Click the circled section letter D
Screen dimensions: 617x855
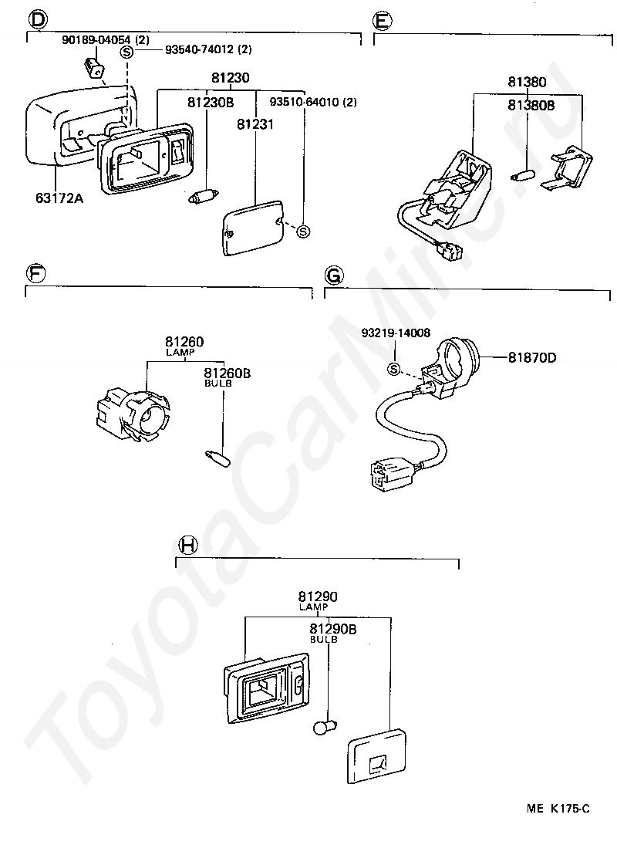[38, 20]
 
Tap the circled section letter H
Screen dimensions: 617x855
[188, 545]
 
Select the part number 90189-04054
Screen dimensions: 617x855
[96, 40]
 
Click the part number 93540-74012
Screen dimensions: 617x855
[200, 49]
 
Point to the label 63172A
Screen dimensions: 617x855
[59, 198]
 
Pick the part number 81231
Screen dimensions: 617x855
[255, 124]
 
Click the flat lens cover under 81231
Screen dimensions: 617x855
[254, 227]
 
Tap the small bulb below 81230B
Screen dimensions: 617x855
[204, 196]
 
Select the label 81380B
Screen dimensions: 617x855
[531, 105]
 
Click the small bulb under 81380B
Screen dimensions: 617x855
[523, 176]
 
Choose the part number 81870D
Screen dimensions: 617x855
[532, 358]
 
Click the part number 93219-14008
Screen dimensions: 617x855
[396, 333]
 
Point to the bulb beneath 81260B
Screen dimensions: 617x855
[217, 458]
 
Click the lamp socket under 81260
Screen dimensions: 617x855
[133, 414]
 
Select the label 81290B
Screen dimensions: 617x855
[333, 630]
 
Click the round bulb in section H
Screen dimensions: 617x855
[325, 726]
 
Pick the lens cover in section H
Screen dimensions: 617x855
[376, 755]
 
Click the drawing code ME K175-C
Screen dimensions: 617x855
[558, 808]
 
